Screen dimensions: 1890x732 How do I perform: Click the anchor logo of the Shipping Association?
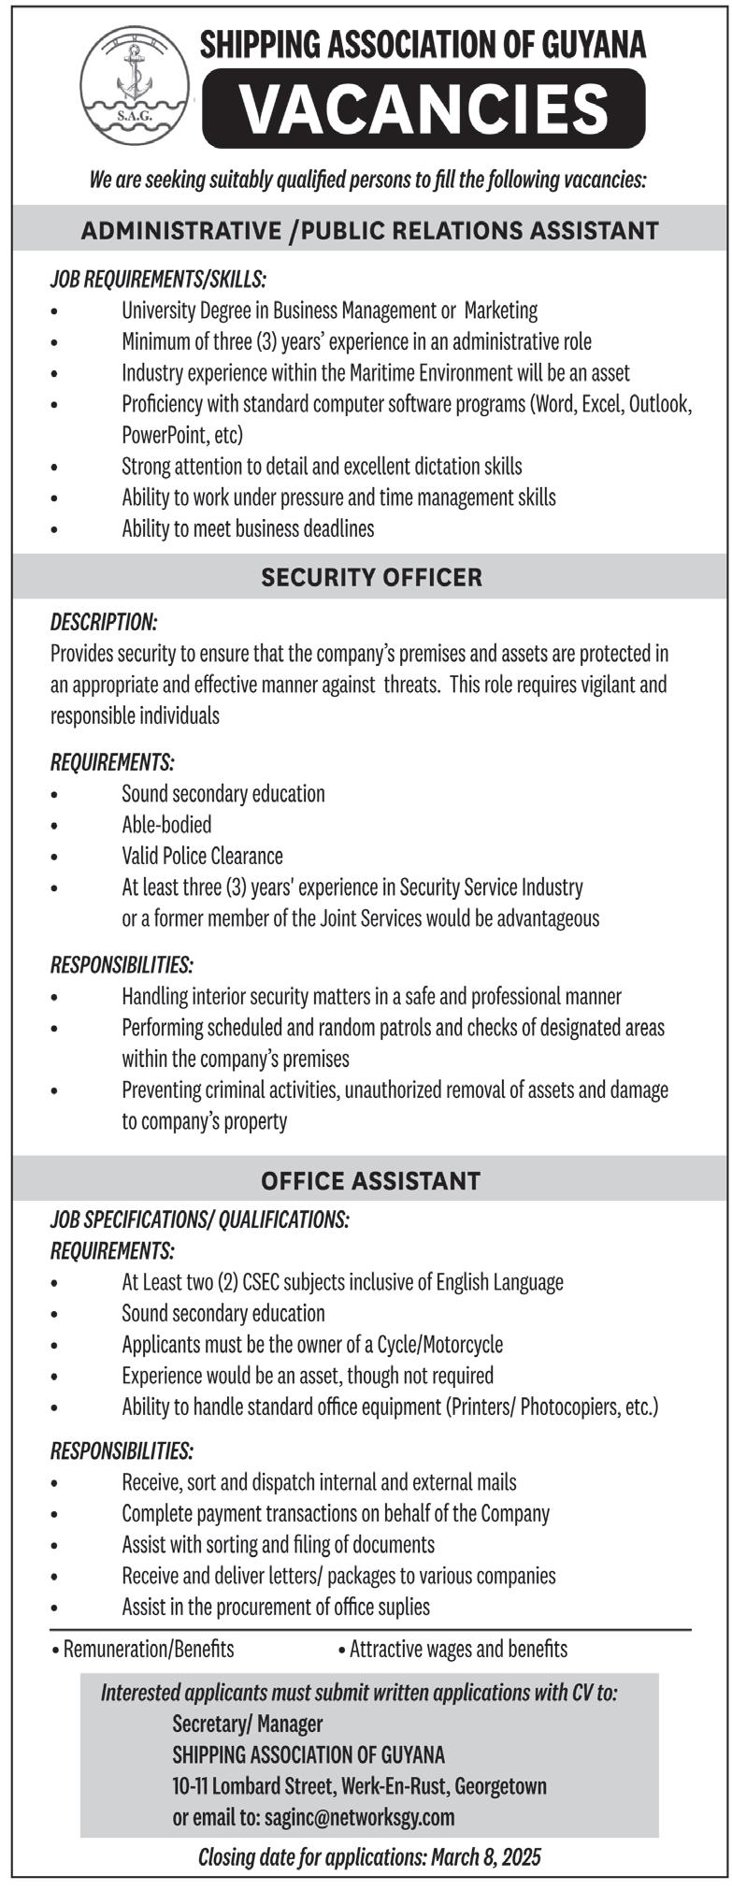point(128,82)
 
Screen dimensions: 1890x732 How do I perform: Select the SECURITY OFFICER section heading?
point(372,578)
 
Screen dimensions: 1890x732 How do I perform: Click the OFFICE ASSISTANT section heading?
point(370,1181)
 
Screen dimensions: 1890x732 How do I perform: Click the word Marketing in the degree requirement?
point(501,310)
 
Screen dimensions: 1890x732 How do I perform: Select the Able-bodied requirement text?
point(166,825)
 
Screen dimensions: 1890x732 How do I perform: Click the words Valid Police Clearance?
point(202,856)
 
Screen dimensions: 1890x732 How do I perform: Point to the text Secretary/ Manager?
point(248,1697)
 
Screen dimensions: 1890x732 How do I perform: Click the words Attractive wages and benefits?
point(458,1623)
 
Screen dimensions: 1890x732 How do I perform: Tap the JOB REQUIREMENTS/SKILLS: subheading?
point(158,279)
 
